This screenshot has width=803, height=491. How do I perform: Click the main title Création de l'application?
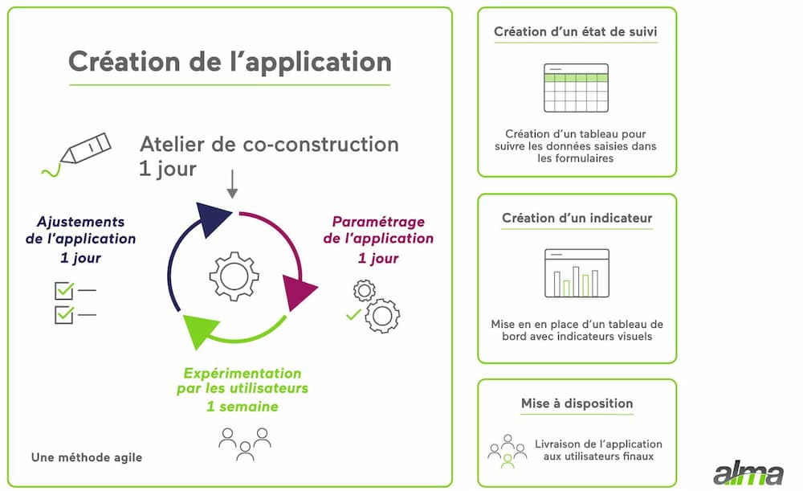pos(230,62)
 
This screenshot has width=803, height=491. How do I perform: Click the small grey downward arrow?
pos(232,184)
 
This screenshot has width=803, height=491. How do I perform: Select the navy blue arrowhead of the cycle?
pos(211,219)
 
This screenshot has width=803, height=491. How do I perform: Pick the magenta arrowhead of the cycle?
pos(298,292)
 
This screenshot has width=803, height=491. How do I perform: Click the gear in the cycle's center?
pos(234,276)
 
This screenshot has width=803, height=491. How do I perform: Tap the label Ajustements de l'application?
pos(80,230)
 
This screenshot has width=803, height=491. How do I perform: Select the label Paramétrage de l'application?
pos(378,230)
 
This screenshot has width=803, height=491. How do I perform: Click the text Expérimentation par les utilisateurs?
pos(243,381)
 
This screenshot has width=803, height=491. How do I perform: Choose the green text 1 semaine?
pos(243,407)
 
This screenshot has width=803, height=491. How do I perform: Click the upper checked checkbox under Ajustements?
pos(64,291)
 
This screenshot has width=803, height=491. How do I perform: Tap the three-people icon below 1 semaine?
pos(245,444)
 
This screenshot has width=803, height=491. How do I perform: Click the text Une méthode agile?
pos(87,457)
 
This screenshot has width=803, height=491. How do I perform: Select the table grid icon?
pos(576,88)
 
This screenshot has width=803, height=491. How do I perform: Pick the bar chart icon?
pos(577,273)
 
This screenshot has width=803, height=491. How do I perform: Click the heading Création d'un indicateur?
pos(577,219)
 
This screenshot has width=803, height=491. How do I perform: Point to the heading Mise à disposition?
pos(577,403)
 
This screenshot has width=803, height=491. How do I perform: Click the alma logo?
pos(748,473)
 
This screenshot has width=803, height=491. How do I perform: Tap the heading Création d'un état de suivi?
pos(576,32)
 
